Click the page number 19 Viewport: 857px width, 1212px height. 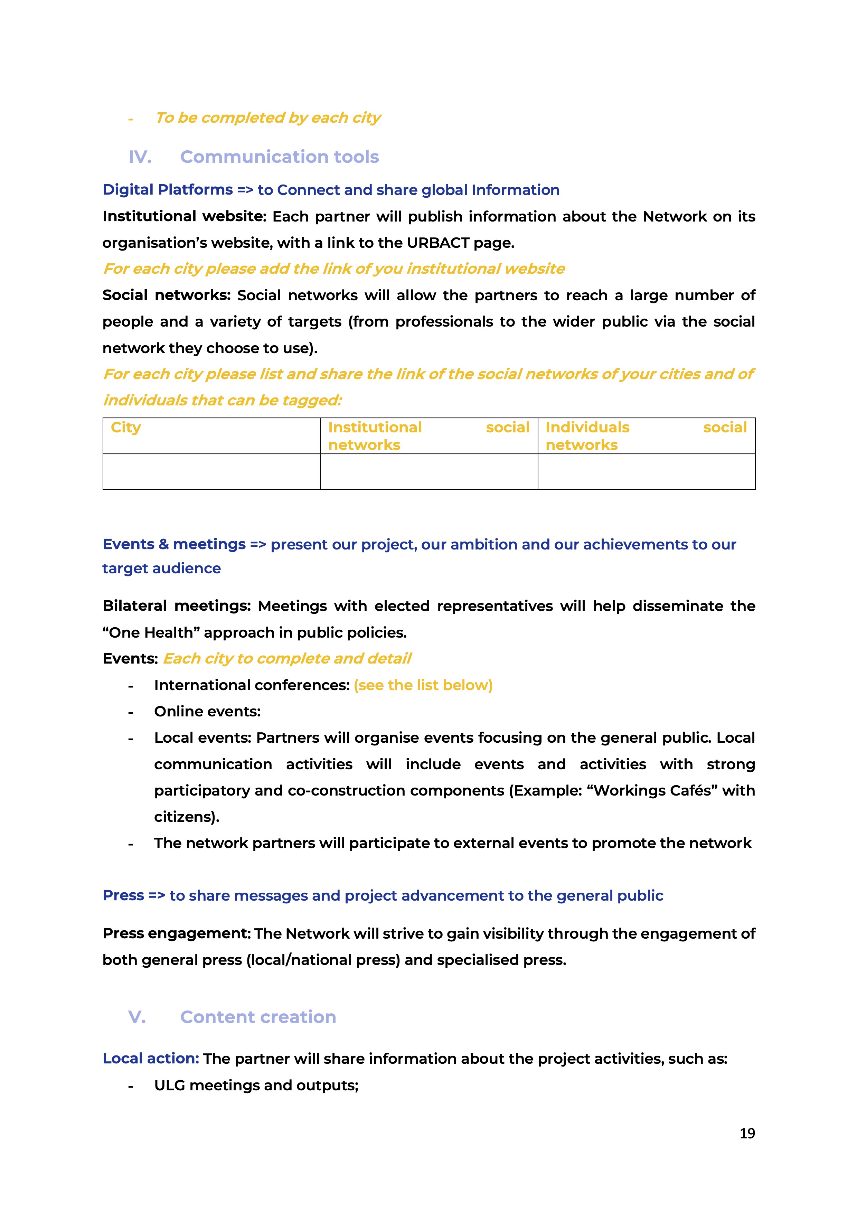[x=747, y=1133]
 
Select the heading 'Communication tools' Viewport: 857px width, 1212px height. [x=279, y=157]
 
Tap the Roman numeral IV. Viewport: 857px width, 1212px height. [x=140, y=157]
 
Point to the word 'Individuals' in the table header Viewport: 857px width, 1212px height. [x=587, y=427]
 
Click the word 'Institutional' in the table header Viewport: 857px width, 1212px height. [x=375, y=427]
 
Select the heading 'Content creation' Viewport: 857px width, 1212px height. [x=258, y=1017]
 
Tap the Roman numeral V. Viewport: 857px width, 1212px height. [x=137, y=1017]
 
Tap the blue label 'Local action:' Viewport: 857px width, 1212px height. [x=150, y=1059]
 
